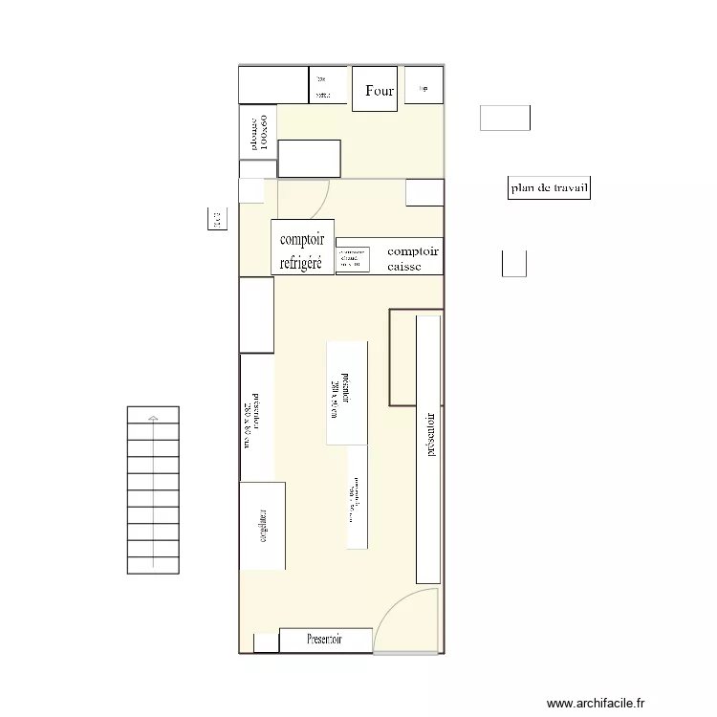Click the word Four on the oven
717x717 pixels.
tap(380, 92)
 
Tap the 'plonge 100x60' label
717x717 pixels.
tap(258, 133)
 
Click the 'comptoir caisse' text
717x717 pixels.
tap(412, 259)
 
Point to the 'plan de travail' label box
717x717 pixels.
tap(549, 189)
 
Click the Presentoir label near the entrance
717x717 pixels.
tap(325, 639)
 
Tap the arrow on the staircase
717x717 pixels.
tap(152, 417)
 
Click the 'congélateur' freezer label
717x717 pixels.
tap(262, 526)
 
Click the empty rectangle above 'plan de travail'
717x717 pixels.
tap(504, 118)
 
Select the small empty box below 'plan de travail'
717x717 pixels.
tap(514, 263)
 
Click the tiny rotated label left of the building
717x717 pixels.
tap(213, 220)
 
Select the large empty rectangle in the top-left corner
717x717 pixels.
tap(272, 84)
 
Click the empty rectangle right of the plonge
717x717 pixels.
tap(309, 158)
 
